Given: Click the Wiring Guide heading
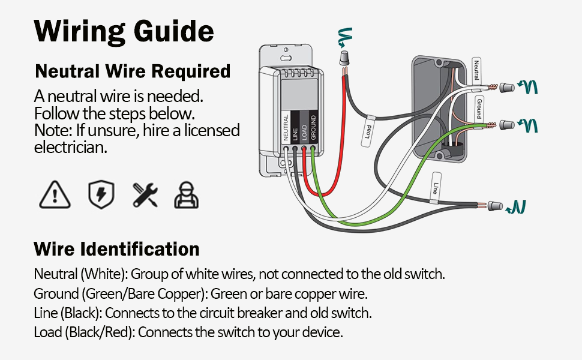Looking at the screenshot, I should (124, 31).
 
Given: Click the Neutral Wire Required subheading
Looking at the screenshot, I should (133, 71).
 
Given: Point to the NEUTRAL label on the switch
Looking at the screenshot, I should (286, 127).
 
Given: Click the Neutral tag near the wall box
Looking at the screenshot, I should (476, 71).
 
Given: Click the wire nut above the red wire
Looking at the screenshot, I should (345, 58).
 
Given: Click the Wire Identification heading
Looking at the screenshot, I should (116, 249).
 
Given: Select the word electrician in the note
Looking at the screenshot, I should (71, 147).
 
